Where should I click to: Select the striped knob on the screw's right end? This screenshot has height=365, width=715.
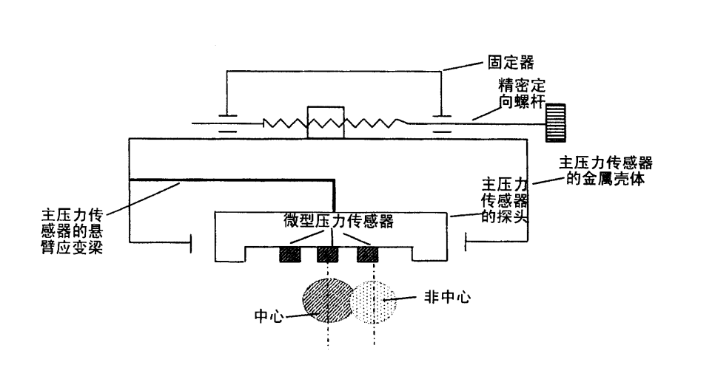555,122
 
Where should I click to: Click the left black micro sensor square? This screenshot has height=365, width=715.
289,255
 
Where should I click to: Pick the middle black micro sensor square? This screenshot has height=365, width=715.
327,255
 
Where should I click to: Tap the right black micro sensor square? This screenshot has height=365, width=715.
367,255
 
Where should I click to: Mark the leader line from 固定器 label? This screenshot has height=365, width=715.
462,66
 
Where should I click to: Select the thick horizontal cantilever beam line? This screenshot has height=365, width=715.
229,180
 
